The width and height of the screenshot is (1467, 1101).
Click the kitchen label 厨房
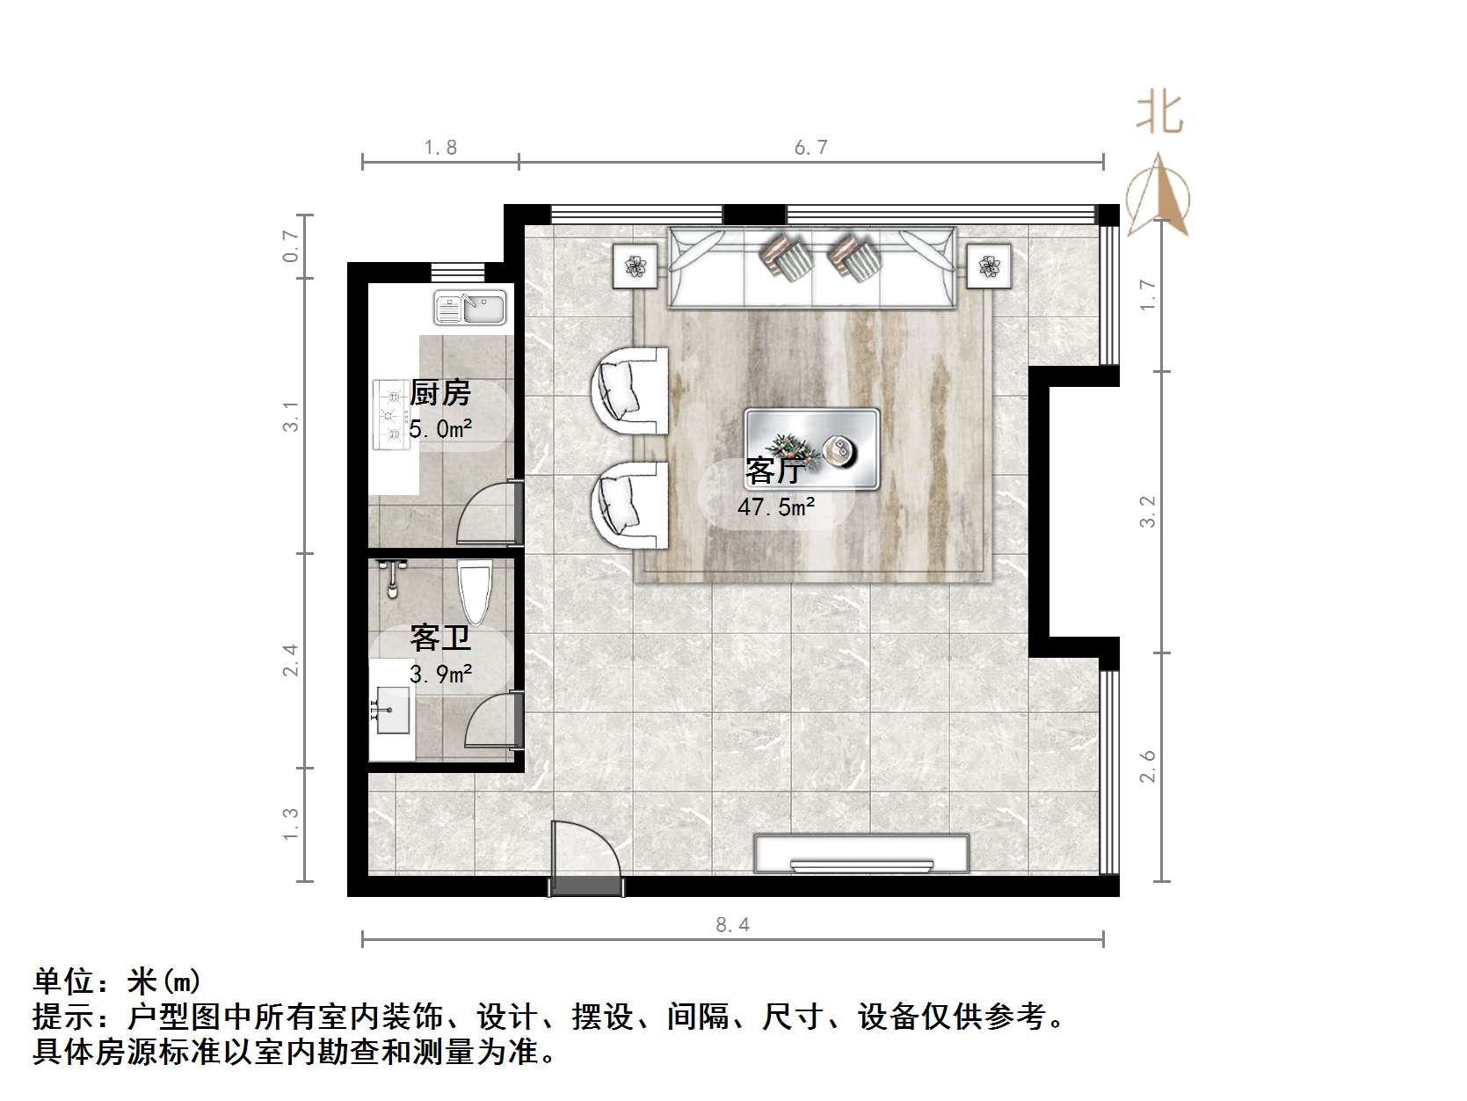(440, 392)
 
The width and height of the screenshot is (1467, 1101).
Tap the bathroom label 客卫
(439, 638)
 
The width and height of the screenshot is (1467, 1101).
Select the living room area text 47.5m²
(776, 507)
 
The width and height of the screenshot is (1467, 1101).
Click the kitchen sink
(470, 308)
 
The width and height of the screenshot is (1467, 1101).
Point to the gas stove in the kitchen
(391, 414)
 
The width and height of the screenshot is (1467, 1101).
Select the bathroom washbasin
(391, 710)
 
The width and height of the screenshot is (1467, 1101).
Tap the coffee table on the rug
(812, 448)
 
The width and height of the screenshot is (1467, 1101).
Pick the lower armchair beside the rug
(628, 505)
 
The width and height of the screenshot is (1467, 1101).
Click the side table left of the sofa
(636, 266)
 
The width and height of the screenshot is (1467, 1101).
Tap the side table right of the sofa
(989, 266)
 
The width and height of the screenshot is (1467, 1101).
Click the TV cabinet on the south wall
(861, 854)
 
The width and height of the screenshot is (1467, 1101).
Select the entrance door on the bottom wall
(586, 857)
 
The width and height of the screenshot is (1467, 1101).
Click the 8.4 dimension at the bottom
(732, 924)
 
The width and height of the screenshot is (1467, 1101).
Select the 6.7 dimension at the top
(810, 148)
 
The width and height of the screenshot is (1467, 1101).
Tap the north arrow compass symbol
(1159, 195)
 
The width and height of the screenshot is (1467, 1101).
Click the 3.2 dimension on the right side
(1148, 512)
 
